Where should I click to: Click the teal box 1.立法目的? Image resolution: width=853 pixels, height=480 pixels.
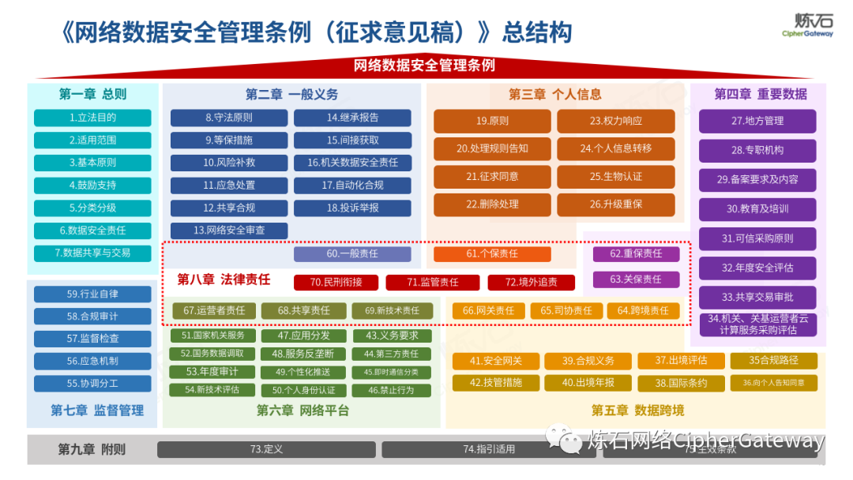(x=92, y=118)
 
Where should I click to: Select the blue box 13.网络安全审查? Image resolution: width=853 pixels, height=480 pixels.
(x=229, y=231)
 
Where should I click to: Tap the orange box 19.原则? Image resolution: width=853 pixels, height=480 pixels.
(x=492, y=122)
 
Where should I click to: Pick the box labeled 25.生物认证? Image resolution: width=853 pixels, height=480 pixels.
(x=616, y=177)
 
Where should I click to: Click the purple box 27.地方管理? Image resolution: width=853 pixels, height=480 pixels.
(x=757, y=121)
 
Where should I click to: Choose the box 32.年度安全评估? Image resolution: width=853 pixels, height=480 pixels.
(x=757, y=268)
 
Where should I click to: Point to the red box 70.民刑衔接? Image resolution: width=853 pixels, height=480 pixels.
(x=336, y=282)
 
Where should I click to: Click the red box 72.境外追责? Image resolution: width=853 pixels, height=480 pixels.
(x=532, y=282)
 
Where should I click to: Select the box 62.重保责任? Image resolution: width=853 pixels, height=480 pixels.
(x=636, y=254)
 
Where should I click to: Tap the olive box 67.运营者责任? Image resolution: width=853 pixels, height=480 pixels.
(x=214, y=311)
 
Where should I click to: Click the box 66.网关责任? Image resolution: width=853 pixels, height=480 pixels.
(x=488, y=311)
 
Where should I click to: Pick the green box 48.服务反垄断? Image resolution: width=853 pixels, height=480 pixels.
(x=303, y=354)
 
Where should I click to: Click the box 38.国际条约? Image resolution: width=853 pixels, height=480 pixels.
(x=681, y=383)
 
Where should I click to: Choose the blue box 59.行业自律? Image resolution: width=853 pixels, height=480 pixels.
(x=92, y=294)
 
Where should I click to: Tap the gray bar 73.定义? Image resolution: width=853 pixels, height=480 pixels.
(x=266, y=449)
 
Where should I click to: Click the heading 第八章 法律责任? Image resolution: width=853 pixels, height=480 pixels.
(x=224, y=279)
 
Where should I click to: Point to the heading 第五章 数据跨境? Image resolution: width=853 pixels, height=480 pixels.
(x=637, y=411)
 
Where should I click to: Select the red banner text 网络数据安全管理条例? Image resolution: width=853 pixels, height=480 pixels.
(x=424, y=66)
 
